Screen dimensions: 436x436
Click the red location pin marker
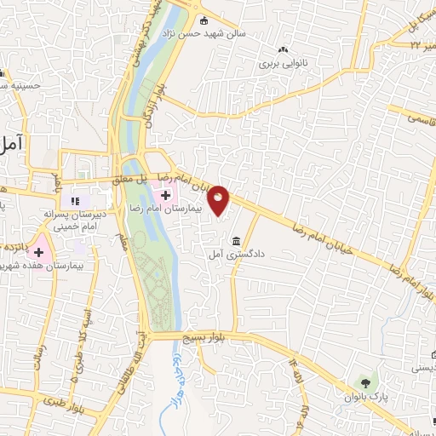220,199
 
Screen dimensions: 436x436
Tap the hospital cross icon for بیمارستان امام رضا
165,195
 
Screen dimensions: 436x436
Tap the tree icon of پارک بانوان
365,382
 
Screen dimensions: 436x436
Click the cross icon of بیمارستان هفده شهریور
38,252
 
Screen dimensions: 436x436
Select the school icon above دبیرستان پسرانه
76,201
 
